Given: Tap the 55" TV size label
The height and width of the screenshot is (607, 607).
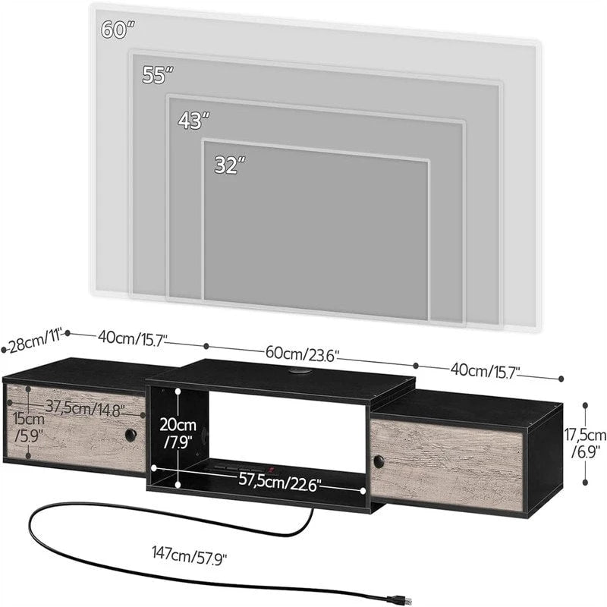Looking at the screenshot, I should (x=158, y=74).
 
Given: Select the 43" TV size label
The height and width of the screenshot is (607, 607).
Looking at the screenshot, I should (x=193, y=120).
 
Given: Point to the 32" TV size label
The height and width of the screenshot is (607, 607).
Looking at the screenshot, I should (x=229, y=165).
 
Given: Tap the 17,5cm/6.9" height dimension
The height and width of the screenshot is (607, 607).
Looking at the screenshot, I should (x=585, y=444).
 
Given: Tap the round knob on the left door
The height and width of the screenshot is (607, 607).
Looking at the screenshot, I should (x=131, y=436).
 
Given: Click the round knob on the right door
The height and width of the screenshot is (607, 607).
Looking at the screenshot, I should (x=377, y=460).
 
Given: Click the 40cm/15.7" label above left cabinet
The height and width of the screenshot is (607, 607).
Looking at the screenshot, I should (x=126, y=338).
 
